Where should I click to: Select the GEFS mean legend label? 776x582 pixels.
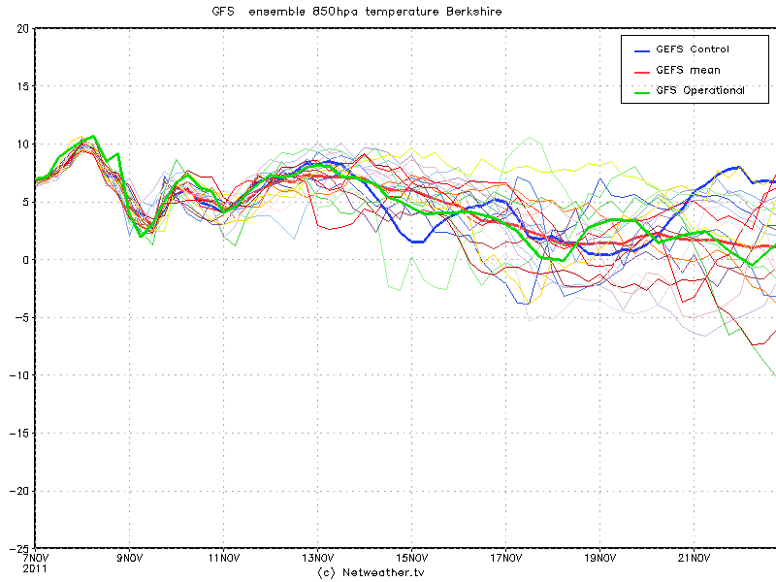coord(688,70)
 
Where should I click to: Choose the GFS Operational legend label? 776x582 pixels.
coord(700,90)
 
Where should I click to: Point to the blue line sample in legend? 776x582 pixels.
coord(642,49)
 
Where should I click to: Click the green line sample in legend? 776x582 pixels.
coord(642,90)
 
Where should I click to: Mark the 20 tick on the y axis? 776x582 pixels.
coord(22,28)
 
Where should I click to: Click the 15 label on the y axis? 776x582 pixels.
coord(22,86)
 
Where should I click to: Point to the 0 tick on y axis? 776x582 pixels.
coord(25,259)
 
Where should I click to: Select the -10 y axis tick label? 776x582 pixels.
coord(18,374)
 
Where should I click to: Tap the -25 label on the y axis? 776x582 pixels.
coord(18,548)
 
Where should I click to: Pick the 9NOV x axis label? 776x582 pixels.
coord(129,559)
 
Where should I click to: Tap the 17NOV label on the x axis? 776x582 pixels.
coord(505,559)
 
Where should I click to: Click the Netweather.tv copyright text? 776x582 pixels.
coord(372,572)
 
